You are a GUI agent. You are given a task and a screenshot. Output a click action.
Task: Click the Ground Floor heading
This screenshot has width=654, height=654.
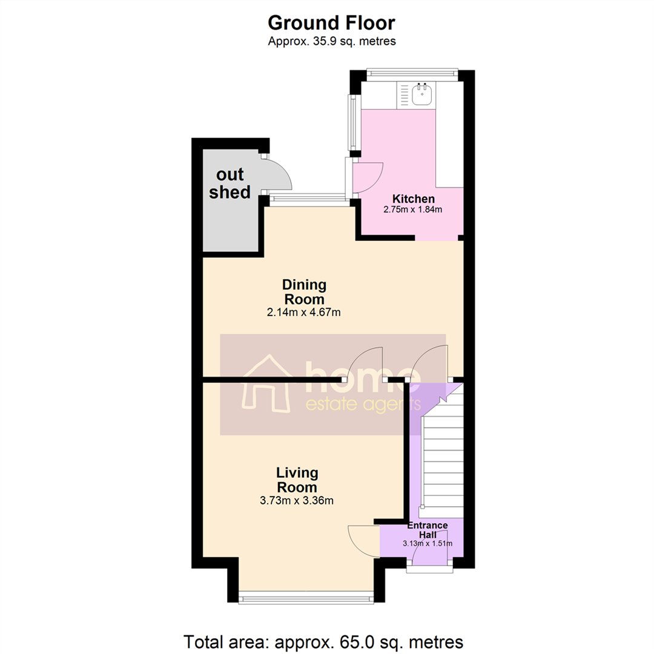(331, 23)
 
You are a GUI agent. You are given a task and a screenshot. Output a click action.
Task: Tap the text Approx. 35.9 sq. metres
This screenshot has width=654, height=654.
(331, 41)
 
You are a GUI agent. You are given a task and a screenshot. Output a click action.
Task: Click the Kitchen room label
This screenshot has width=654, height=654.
(414, 199)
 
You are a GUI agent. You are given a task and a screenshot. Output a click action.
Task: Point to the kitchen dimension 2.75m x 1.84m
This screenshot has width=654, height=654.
(414, 210)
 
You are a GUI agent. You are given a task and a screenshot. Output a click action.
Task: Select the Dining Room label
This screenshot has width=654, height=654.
(305, 292)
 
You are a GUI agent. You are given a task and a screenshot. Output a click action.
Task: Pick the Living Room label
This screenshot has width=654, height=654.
(297, 480)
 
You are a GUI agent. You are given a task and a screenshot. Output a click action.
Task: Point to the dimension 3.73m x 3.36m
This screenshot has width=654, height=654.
(297, 500)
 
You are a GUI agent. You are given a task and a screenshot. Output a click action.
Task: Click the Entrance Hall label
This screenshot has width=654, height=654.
(427, 530)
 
